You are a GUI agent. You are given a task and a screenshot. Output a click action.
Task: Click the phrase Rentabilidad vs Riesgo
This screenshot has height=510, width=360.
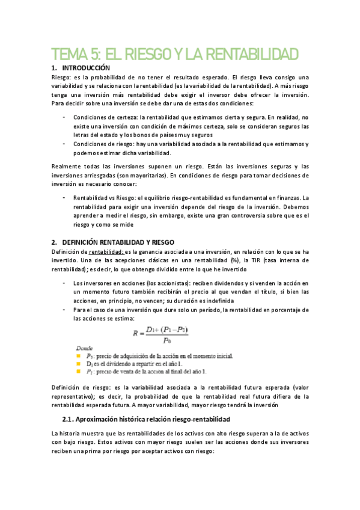click(x=101, y=197)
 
